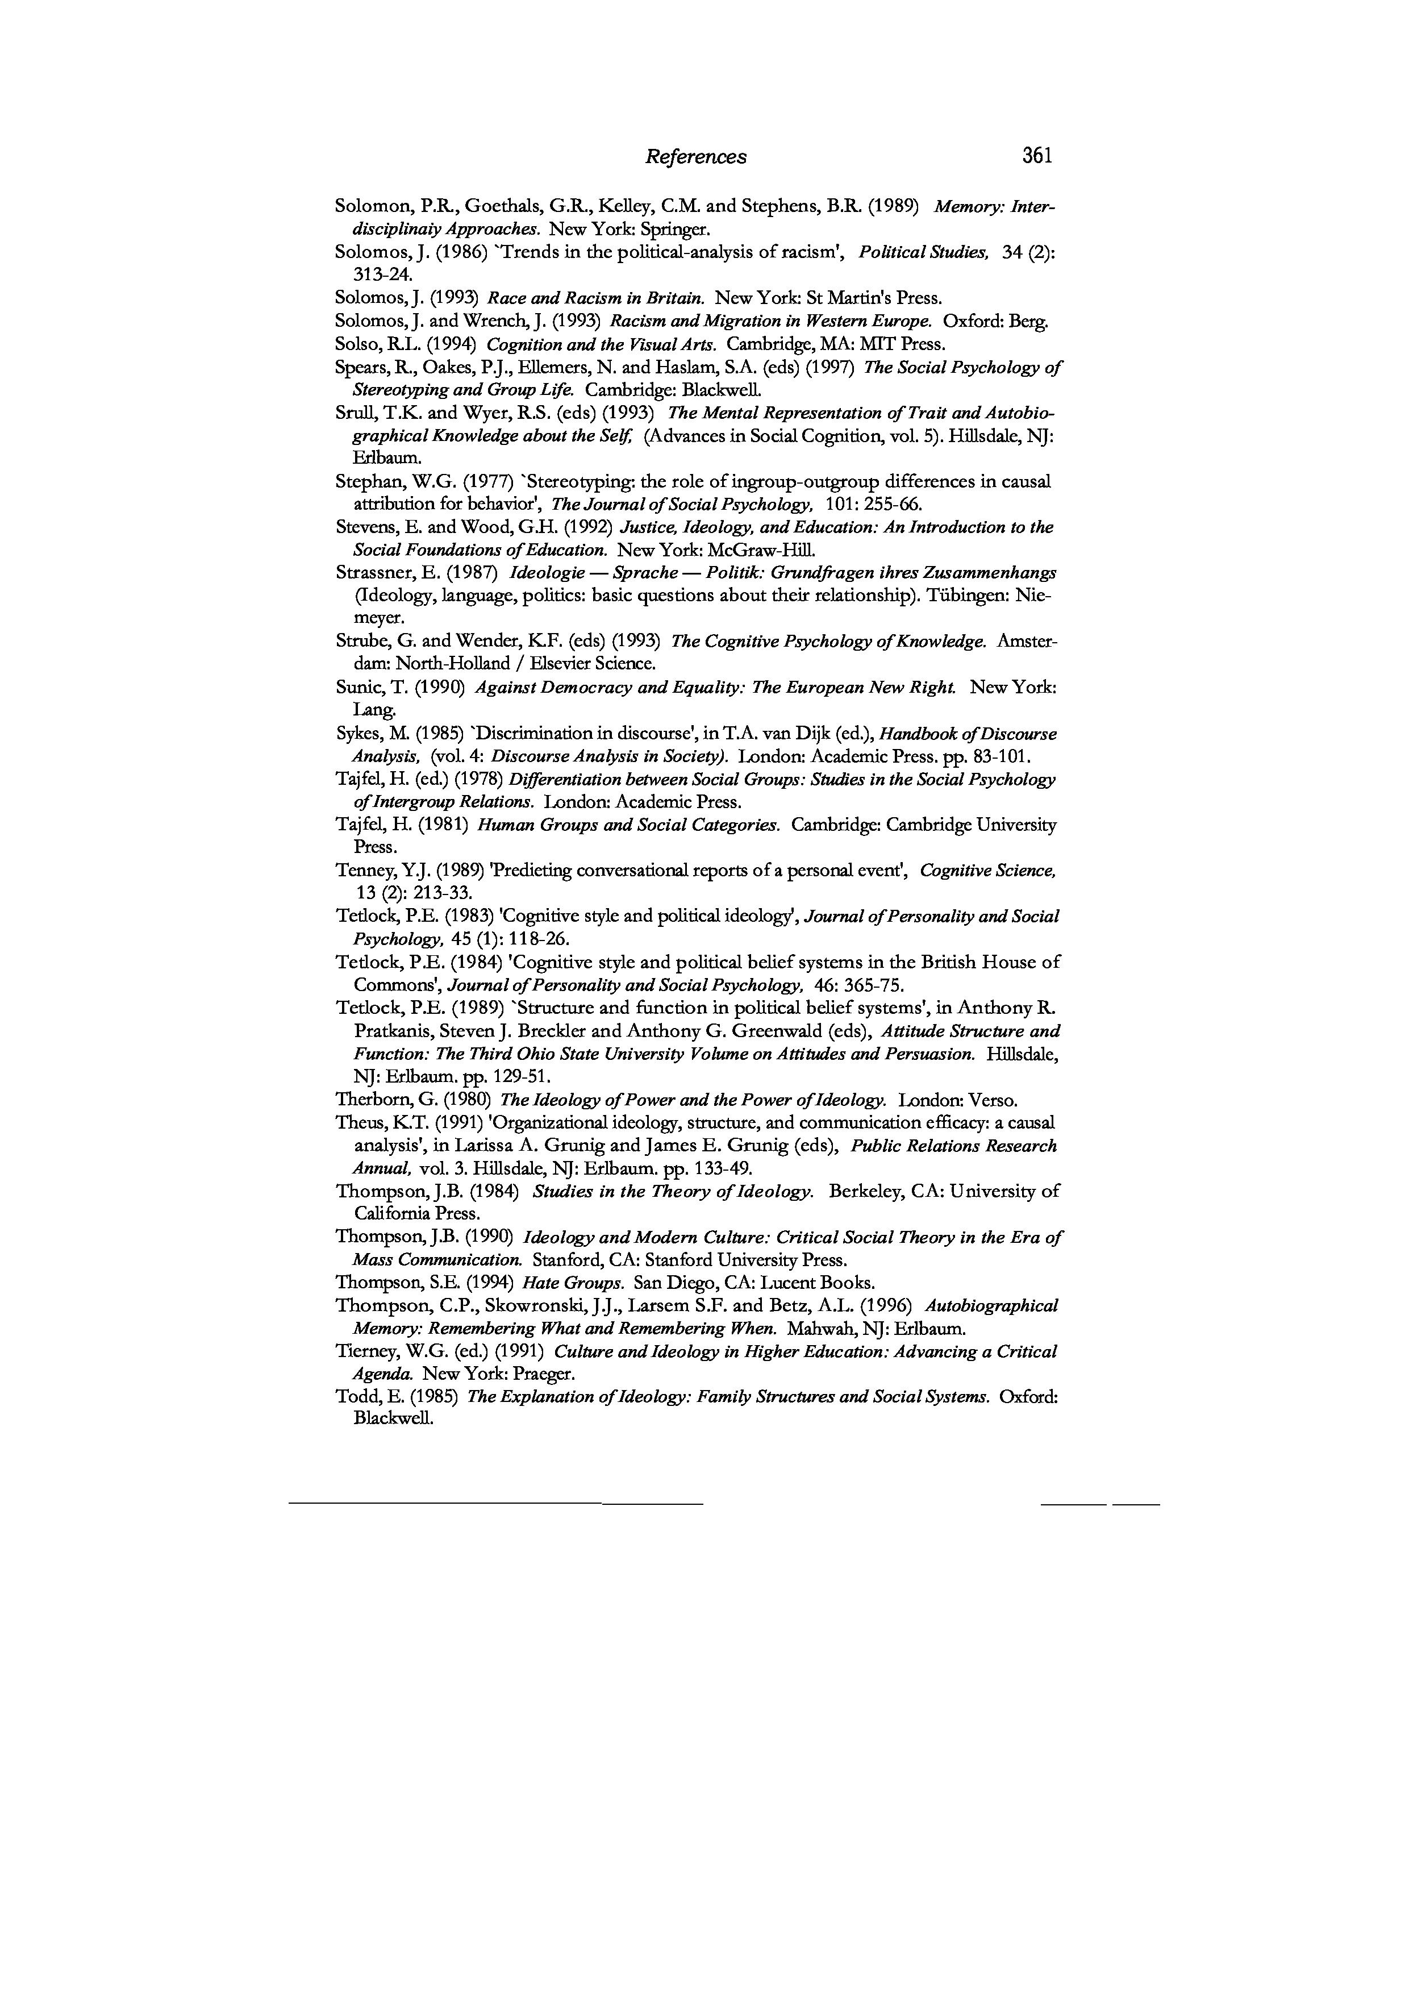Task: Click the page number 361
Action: pos(1037,156)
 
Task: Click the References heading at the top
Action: pos(695,157)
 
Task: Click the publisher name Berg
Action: pos(1028,321)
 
